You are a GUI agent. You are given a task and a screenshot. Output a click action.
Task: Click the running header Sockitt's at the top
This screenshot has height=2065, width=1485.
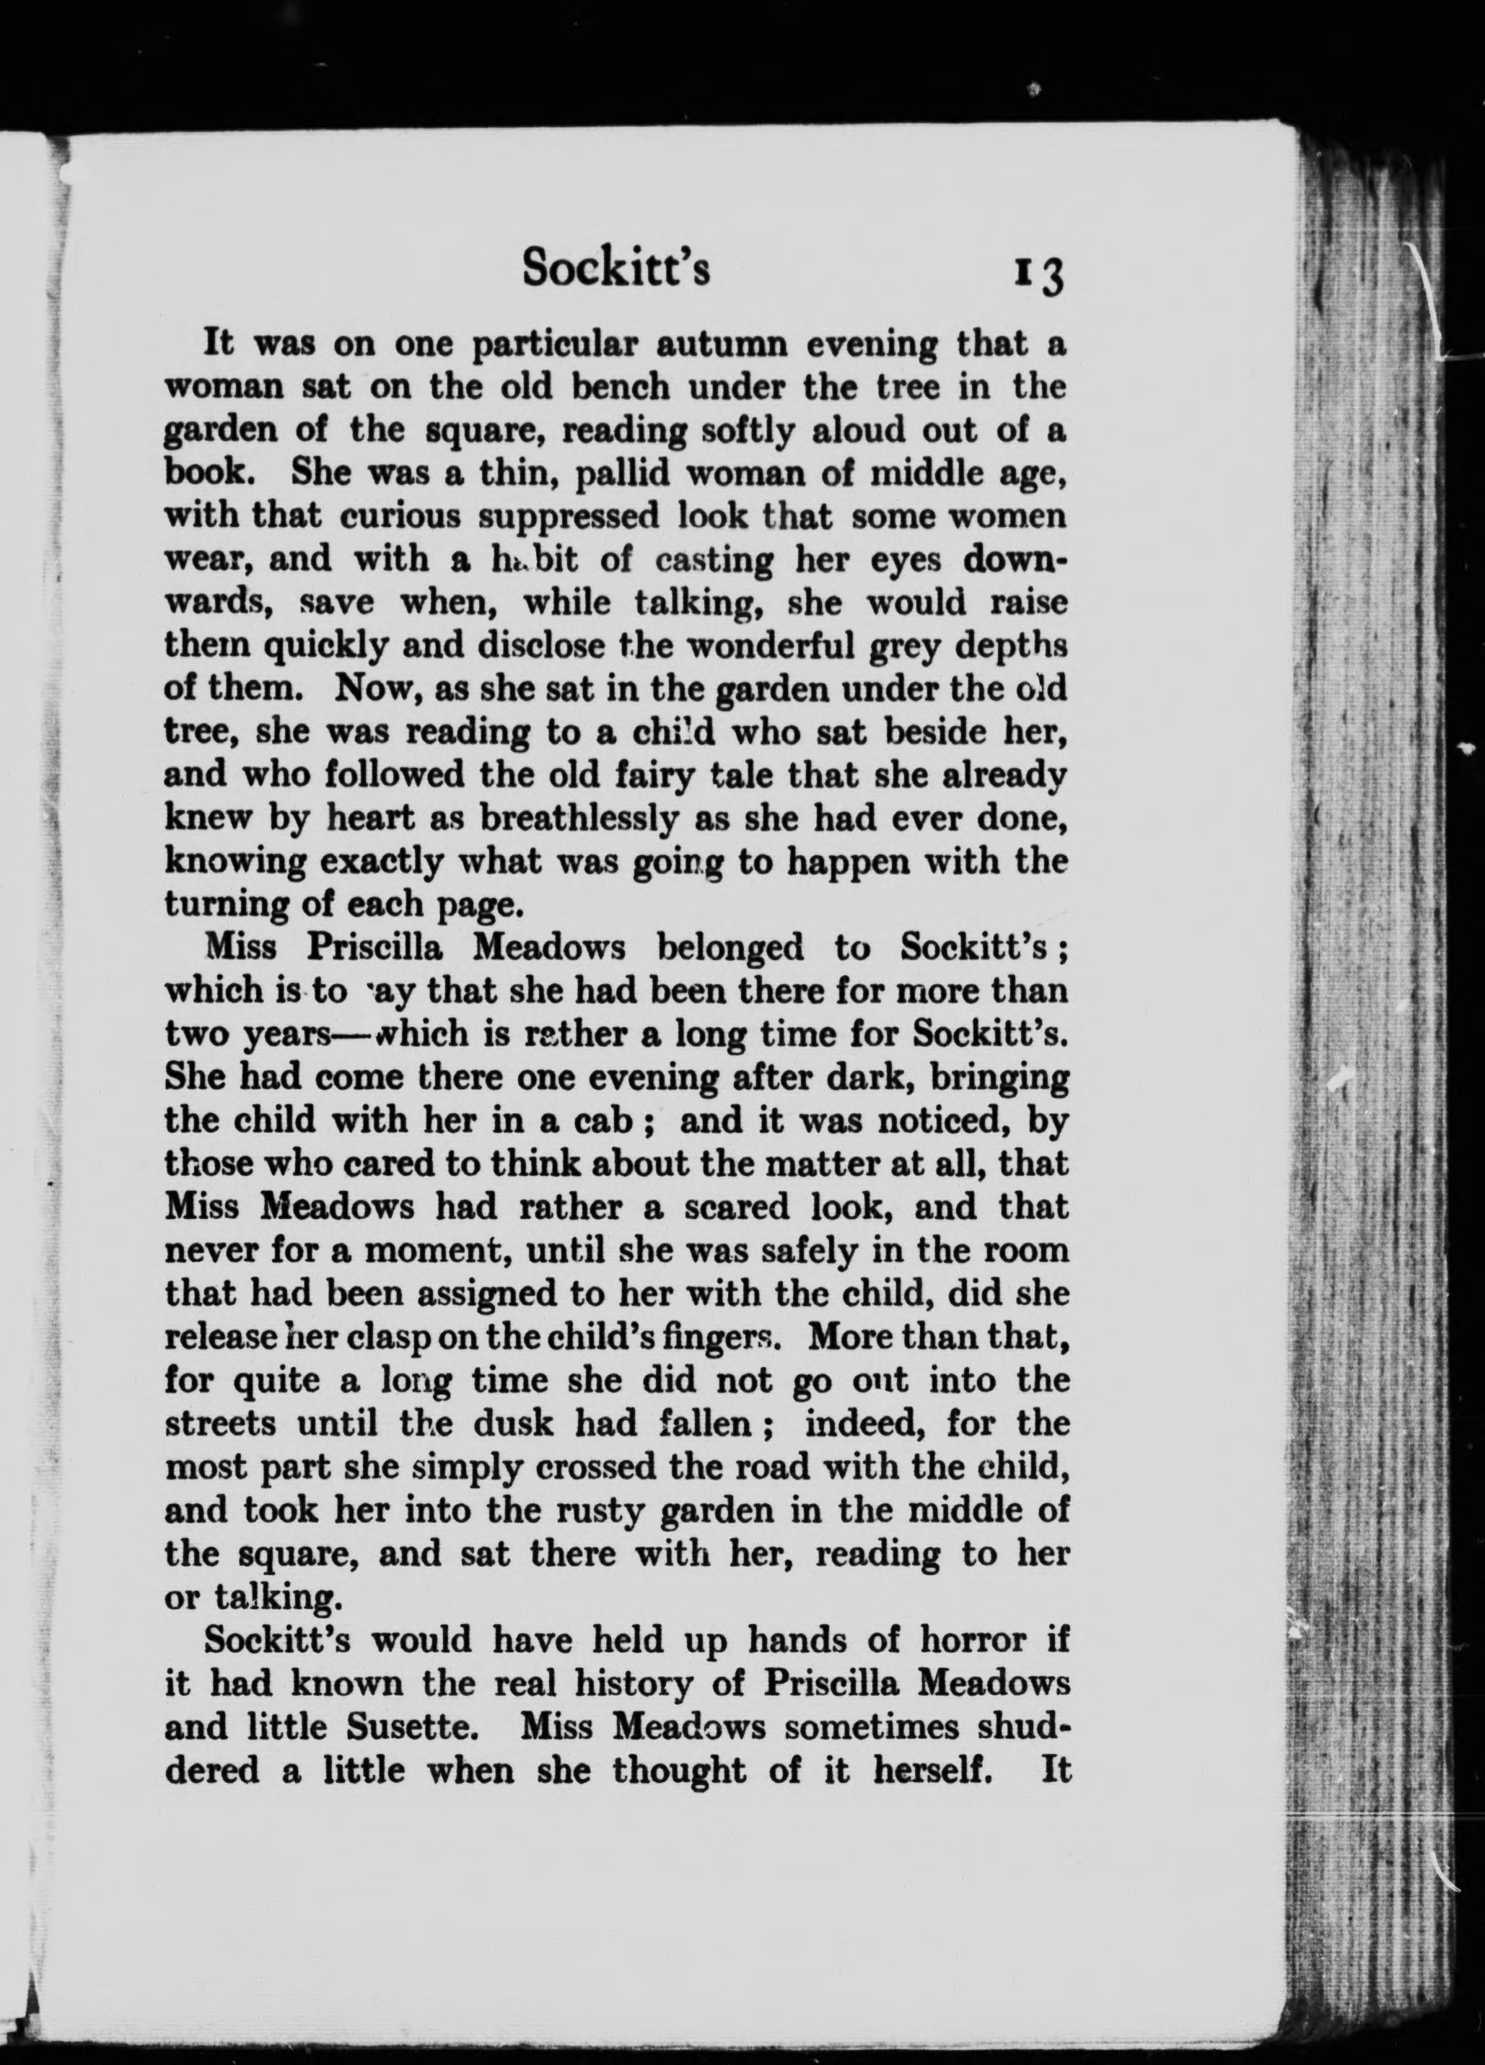click(616, 269)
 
